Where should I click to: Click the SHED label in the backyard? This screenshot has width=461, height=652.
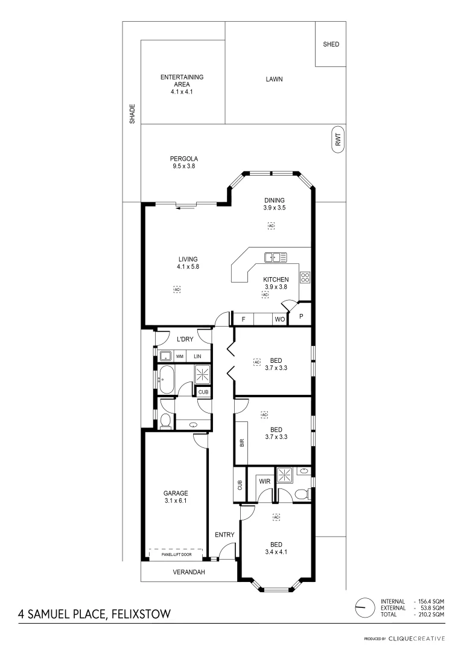(x=331, y=44)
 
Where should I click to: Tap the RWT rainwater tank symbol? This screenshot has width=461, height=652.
(x=338, y=140)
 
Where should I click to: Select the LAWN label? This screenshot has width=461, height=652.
(x=274, y=79)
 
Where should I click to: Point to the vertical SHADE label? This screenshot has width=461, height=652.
(x=132, y=114)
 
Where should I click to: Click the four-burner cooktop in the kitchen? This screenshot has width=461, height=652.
(x=305, y=278)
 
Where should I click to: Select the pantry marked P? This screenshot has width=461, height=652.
(x=300, y=316)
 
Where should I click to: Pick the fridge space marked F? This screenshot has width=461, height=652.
(x=243, y=319)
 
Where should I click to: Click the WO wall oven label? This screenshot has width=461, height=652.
(x=279, y=319)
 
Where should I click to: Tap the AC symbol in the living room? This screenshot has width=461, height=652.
(x=177, y=290)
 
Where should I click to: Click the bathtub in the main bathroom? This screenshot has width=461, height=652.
(x=167, y=380)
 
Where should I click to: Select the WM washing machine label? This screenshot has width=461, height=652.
(x=179, y=356)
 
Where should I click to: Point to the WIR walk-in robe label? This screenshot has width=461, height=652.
(x=264, y=481)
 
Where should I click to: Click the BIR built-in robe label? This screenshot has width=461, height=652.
(x=241, y=443)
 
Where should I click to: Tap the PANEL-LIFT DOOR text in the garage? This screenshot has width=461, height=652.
(x=176, y=554)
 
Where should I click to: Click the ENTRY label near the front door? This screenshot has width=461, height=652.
(x=224, y=534)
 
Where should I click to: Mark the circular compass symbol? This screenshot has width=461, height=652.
(x=363, y=607)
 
